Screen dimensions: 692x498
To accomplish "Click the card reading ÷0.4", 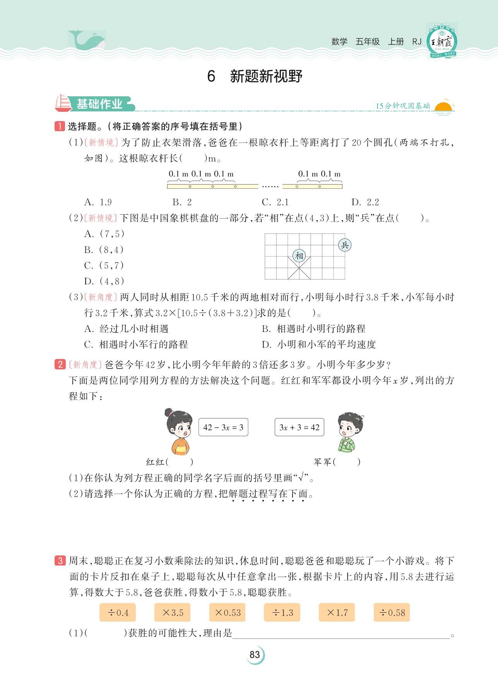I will pyautogui.click(x=117, y=612).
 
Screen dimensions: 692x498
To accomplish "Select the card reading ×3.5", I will pyautogui.click(x=172, y=612).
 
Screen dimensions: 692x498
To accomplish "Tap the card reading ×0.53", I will pyautogui.click(x=227, y=612).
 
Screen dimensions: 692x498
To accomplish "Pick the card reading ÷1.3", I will pyautogui.click(x=282, y=612).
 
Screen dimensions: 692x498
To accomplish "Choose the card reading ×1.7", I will pyautogui.click(x=337, y=612).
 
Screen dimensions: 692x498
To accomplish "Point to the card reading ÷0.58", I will pyautogui.click(x=392, y=612).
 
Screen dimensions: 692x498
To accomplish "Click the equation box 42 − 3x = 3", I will pyautogui.click(x=223, y=427).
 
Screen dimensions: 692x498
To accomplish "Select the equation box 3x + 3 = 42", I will pyautogui.click(x=299, y=427).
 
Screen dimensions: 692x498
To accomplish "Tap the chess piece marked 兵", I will pyautogui.click(x=345, y=244).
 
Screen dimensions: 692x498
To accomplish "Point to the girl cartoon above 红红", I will pyautogui.click(x=179, y=431).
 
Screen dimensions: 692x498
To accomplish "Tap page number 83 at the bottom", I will pyautogui.click(x=255, y=655).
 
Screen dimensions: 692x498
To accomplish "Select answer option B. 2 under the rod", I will pyautogui.click(x=182, y=202).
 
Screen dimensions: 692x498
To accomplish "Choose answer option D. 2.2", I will pyautogui.click(x=365, y=202).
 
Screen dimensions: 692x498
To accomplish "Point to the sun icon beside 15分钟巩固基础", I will pyautogui.click(x=443, y=107).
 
